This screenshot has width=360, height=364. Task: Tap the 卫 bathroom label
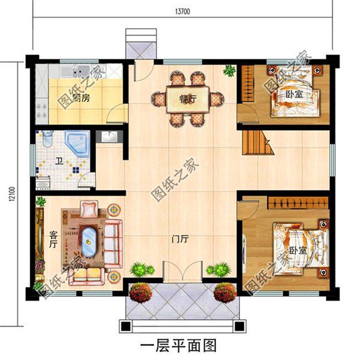(x=59, y=161)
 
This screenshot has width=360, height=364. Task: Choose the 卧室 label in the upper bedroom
(x=294, y=94)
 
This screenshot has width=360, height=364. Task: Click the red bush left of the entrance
(x=140, y=292)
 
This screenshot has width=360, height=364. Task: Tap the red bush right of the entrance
(x=225, y=292)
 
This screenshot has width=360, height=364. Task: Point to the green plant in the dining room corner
(x=229, y=70)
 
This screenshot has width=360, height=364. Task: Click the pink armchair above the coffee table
(x=90, y=209)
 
